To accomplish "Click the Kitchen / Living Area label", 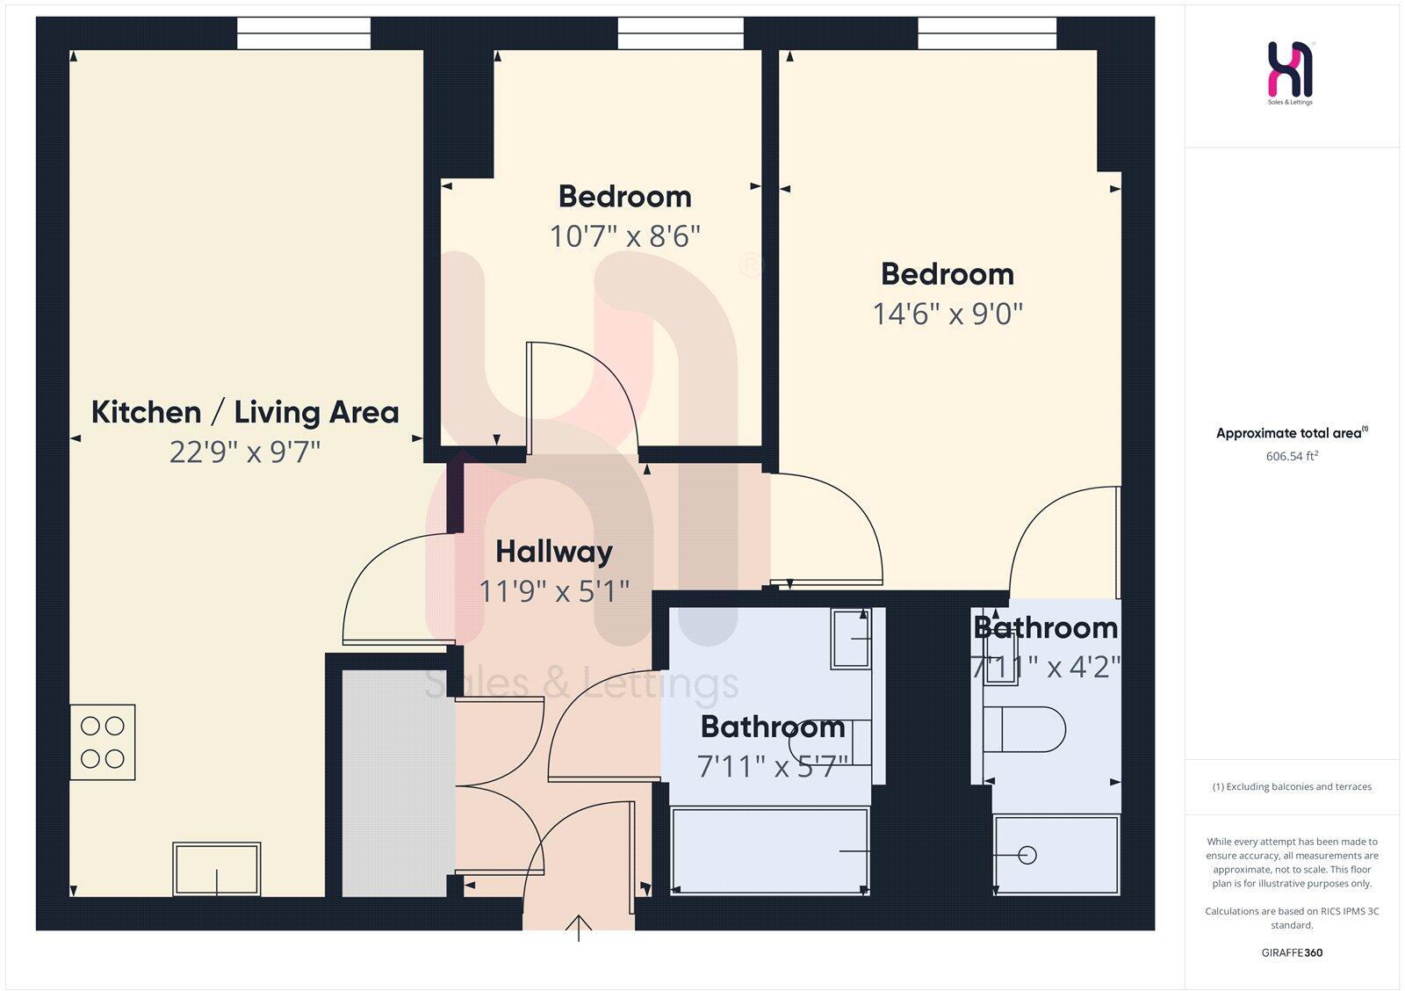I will coord(245,412).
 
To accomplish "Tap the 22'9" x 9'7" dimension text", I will coord(245,452).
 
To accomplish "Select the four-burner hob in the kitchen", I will coord(103,742).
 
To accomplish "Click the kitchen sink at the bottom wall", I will coord(217,868).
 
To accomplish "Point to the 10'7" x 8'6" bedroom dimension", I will coord(624,236).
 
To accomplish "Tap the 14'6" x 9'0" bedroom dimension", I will coord(947,314).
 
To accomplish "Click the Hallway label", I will coord(554,552).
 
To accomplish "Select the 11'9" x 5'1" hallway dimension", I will coord(554,591).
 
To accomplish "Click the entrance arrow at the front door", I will coord(579,928).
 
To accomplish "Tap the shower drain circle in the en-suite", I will coord(1027,855).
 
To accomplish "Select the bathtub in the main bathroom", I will coord(770,850).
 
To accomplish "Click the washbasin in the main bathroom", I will coord(850,639).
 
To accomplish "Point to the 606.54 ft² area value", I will coord(1292,457).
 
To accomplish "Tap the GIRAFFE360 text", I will coord(1292,952).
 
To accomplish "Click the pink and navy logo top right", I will coord(1290,70).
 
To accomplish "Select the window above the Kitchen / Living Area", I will coord(304,34).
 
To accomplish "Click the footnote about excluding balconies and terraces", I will coord(1292,787).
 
